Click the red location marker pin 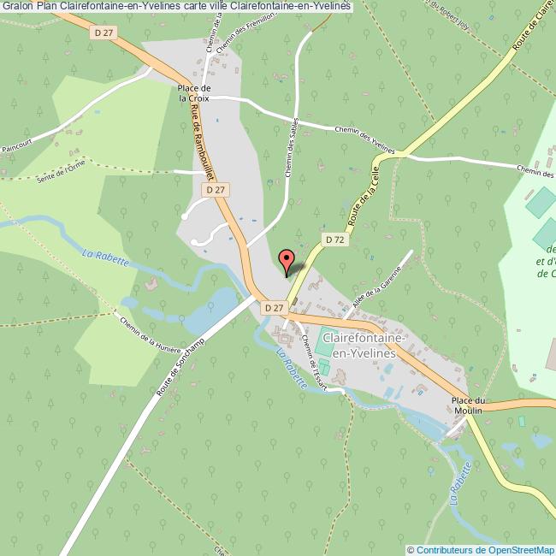pos(287,258)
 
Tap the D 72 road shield pos(335,240)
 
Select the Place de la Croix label pos(194,92)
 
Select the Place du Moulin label pos(469,405)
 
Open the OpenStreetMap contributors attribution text pos(481,549)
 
